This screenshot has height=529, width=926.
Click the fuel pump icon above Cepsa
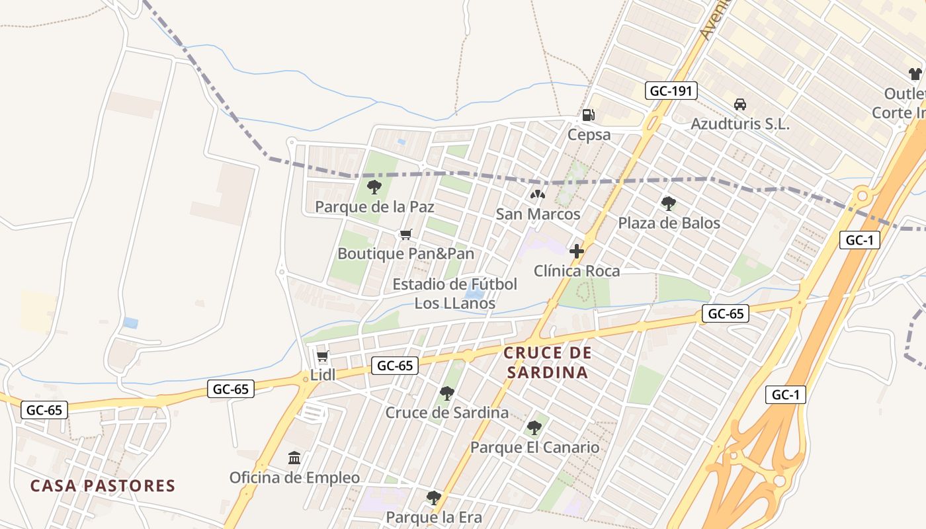(x=588, y=115)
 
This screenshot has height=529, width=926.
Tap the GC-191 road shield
(x=671, y=91)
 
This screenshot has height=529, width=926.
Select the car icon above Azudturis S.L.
(x=740, y=104)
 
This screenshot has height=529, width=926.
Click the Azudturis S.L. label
(x=740, y=124)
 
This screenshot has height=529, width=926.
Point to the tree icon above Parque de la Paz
(x=374, y=187)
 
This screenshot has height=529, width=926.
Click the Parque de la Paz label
(x=374, y=207)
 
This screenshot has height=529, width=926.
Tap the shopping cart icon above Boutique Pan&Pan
(x=406, y=235)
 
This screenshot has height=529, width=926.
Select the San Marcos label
(x=538, y=214)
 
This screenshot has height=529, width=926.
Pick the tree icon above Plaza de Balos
(x=669, y=203)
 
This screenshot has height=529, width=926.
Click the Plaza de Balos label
(x=669, y=223)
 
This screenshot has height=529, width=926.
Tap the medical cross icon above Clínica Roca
(x=577, y=251)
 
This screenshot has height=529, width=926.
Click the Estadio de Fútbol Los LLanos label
(x=455, y=294)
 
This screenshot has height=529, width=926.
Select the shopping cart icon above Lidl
(x=323, y=356)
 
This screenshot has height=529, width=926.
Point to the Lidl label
(x=323, y=375)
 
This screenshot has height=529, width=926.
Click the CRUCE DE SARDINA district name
(x=547, y=362)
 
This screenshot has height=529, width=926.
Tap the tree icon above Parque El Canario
(x=534, y=428)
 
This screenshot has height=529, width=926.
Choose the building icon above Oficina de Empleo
(x=294, y=458)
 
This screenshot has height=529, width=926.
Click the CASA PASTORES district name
(x=103, y=486)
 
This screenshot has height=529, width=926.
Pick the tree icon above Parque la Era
(x=434, y=497)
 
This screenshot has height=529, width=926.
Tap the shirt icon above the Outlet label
(x=915, y=74)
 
